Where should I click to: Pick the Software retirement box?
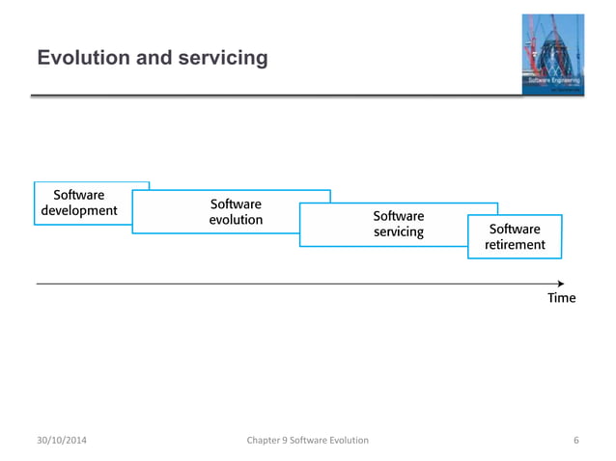click(514, 237)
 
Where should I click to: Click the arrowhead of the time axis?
click(560, 284)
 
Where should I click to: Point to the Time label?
click(561, 298)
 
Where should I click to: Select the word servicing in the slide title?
click(221, 59)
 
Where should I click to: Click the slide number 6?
click(575, 441)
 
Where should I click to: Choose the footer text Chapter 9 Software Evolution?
click(307, 441)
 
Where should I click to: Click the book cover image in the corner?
click(553, 55)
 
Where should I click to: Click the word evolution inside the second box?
click(236, 220)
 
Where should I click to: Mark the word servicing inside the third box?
click(398, 231)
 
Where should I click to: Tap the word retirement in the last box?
click(515, 245)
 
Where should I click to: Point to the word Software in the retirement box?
click(515, 230)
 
